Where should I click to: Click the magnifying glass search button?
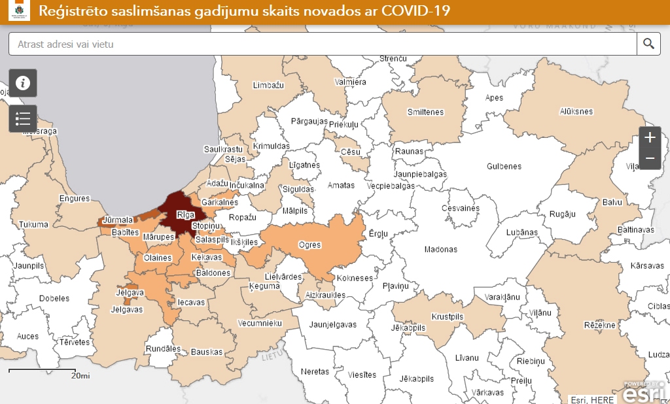[x=648, y=44]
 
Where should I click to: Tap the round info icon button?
[x=23, y=83]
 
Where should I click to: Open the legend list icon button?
[x=23, y=118]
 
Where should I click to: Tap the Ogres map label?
[x=309, y=245]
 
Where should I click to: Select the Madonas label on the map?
[x=440, y=249]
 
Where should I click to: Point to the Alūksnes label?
[x=576, y=112]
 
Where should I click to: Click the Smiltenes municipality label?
[x=425, y=112]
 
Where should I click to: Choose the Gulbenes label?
[x=504, y=166]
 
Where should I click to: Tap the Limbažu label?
[x=268, y=86]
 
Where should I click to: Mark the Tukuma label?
[x=33, y=224]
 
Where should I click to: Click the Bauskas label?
[x=207, y=352]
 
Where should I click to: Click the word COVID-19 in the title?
[x=410, y=12]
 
